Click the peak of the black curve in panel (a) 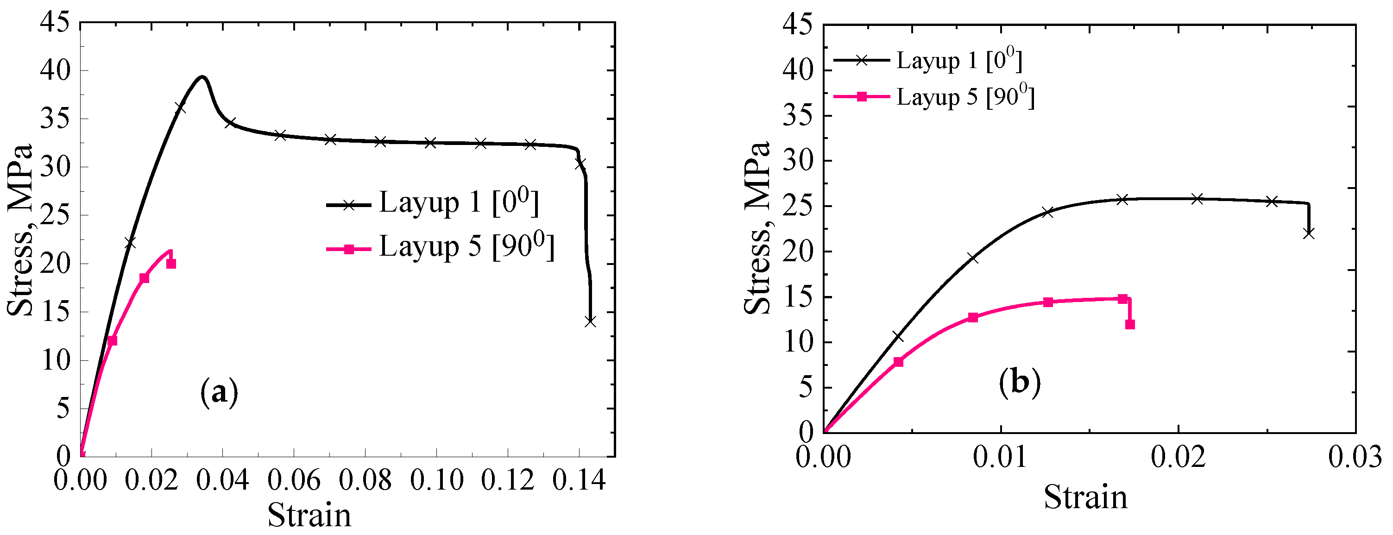(x=202, y=77)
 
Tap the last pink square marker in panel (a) (x=171, y=264)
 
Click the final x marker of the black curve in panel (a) (x=590, y=321)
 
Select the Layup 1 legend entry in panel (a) (x=433, y=203)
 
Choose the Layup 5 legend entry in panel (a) (x=441, y=248)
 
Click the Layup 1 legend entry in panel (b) (x=928, y=61)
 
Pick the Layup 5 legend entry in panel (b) (x=934, y=97)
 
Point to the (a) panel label (x=219, y=393)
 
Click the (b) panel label (x=1019, y=383)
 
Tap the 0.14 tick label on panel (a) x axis (x=579, y=480)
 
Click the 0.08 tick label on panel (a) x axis (x=365, y=480)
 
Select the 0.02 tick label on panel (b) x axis (x=1178, y=457)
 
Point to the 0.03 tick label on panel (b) (x=1355, y=457)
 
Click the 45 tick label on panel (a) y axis (x=55, y=23)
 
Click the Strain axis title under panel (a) (x=309, y=515)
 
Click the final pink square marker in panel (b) (x=1130, y=324)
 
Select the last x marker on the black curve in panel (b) (x=1309, y=233)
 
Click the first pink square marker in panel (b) (x=898, y=361)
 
